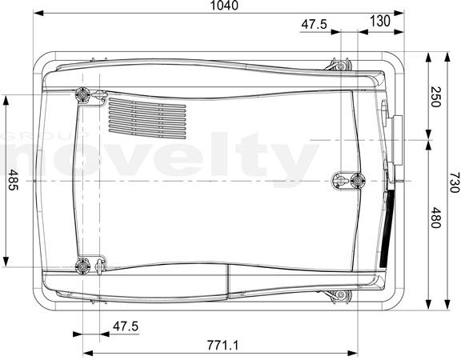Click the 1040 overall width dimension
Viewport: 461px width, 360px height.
click(224, 6)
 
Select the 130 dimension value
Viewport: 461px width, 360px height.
click(380, 21)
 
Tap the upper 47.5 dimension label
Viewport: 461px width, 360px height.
click(315, 24)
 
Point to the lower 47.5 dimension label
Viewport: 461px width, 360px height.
click(126, 326)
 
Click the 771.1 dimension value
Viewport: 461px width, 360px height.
click(222, 345)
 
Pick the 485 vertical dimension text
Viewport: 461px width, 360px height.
click(13, 180)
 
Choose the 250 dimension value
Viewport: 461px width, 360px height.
click(435, 97)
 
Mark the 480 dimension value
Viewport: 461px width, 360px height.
click(435, 218)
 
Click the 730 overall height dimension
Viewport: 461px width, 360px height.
click(455, 182)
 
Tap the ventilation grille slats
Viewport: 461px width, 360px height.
click(147, 118)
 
